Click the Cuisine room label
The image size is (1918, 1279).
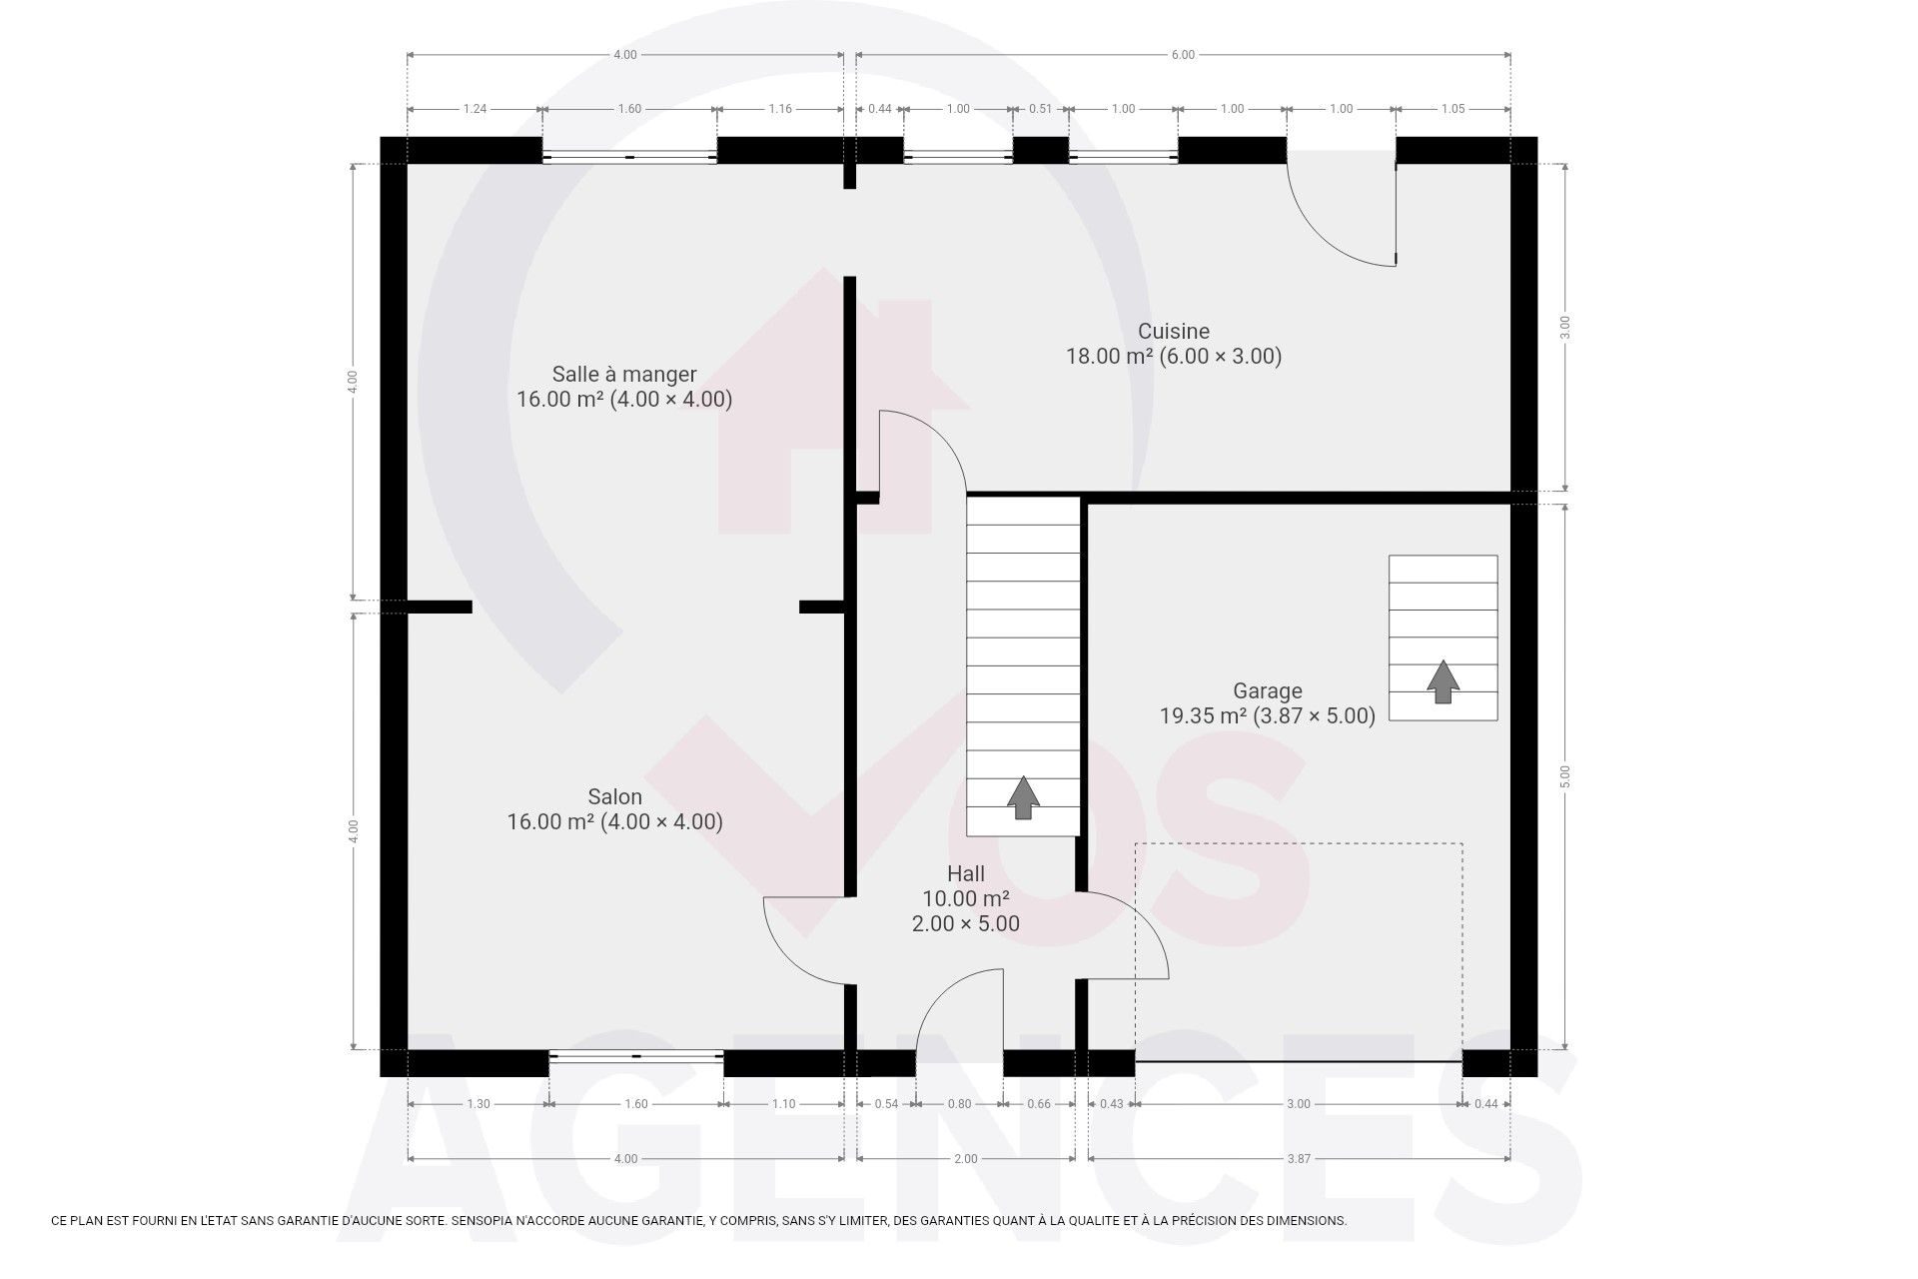tap(1174, 331)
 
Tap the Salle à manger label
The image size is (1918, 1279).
tap(624, 375)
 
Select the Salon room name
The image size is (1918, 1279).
tap(614, 797)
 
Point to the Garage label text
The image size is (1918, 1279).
tap(1268, 690)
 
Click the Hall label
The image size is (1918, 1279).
tap(966, 874)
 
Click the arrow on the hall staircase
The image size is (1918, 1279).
tap(1023, 797)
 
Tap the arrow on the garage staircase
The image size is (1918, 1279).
tap(1442, 681)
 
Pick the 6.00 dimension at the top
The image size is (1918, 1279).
tap(1183, 55)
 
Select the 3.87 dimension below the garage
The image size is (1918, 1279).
tap(1299, 1159)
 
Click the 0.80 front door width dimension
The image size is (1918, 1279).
tap(959, 1104)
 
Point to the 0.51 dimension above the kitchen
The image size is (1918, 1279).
tap(1041, 109)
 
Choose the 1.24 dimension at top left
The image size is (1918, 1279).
tap(475, 109)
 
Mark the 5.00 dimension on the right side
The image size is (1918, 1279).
tap(1565, 776)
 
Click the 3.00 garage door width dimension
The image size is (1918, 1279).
tap(1299, 1104)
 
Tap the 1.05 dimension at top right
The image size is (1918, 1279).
tap(1452, 109)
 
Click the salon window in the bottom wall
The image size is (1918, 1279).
tap(636, 1054)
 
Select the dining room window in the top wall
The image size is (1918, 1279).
tap(629, 157)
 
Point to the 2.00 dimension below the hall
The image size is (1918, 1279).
tap(966, 1159)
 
